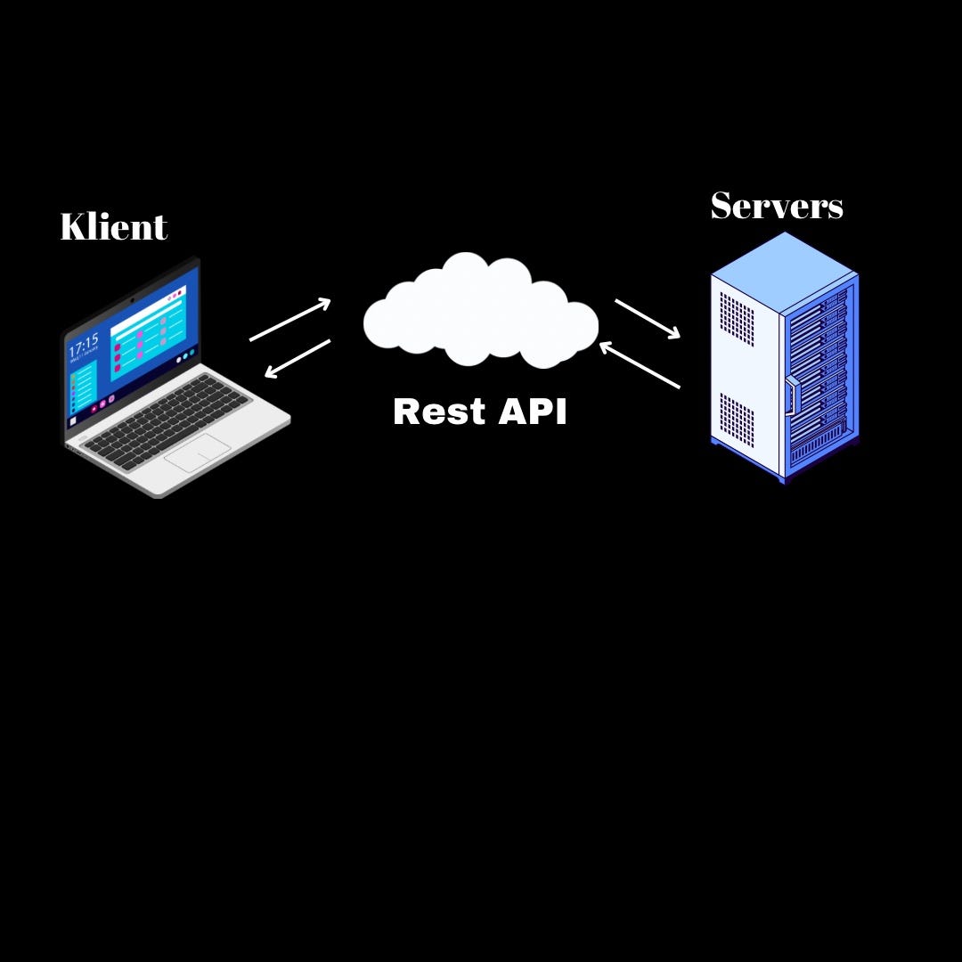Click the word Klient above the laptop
coord(113,227)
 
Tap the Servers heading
coord(776,206)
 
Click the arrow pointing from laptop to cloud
coord(290,320)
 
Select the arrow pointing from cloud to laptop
coord(298,358)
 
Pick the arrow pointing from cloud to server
coord(648,319)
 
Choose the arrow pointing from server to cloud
coord(640,365)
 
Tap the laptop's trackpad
coord(198,453)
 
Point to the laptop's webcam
coord(133,300)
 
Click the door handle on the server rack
coord(790,396)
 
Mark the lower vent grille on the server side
coord(737,420)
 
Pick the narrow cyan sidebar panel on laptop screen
coord(84,387)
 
